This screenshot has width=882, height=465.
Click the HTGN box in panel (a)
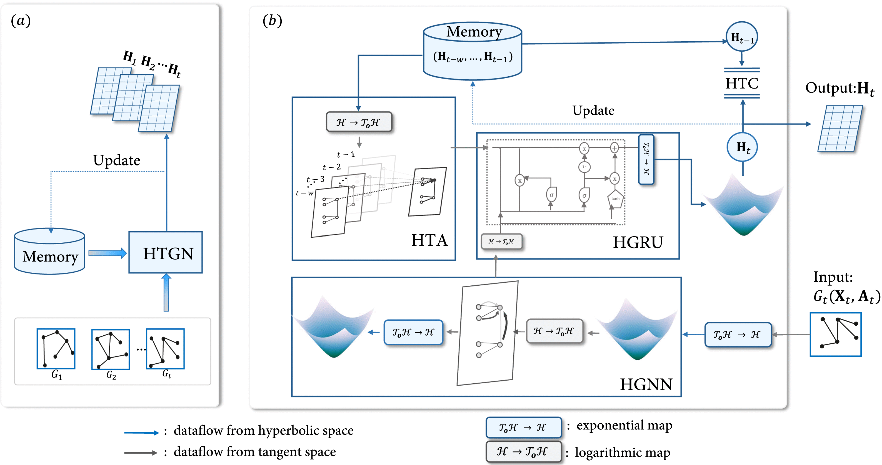tap(165, 253)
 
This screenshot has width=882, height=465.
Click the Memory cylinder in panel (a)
tap(50, 252)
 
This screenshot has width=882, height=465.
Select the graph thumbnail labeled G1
tap(56, 349)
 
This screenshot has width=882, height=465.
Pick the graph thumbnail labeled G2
tap(111, 349)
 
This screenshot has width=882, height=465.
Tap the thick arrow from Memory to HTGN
tap(107, 253)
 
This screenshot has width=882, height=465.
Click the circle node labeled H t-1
tap(742, 37)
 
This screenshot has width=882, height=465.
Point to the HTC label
tap(742, 84)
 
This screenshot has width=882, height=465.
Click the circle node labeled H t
tap(742, 147)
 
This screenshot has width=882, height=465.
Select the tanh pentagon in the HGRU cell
tap(615, 199)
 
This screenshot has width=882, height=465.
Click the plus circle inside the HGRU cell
tap(614, 148)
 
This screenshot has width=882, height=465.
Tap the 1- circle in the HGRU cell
tap(584, 167)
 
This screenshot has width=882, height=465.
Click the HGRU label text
tap(638, 243)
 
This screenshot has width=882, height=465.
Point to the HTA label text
tap(429, 240)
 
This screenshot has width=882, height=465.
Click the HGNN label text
tap(646, 384)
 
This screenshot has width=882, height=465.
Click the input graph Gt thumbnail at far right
tap(835, 334)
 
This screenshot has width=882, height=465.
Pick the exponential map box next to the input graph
tap(738, 335)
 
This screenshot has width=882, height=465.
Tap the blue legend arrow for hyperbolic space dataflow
tap(141, 433)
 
